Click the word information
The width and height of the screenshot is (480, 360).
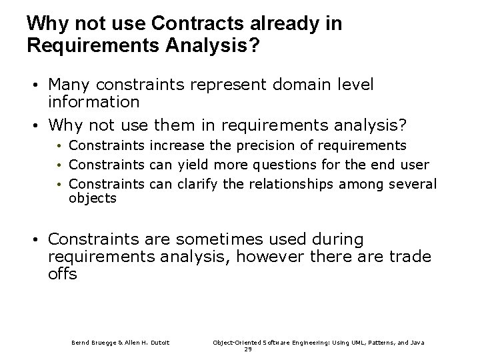point(94,102)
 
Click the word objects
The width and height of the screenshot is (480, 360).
point(93,199)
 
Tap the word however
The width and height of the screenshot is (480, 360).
point(259,256)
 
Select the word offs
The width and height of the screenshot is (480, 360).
point(63,274)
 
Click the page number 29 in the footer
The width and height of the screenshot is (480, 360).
point(249,349)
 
